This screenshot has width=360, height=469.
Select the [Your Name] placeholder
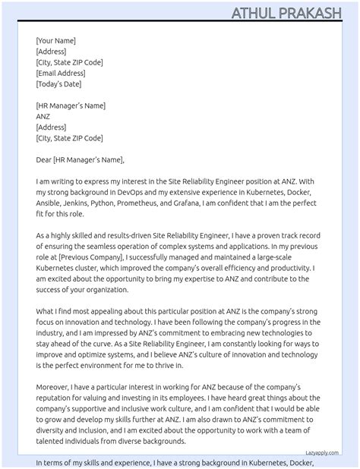tap(55, 41)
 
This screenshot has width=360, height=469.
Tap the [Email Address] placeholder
tap(61, 74)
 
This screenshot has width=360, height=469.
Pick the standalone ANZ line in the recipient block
tap(43, 117)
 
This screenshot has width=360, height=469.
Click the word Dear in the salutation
tap(43, 160)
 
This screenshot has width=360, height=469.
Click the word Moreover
tap(52, 389)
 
